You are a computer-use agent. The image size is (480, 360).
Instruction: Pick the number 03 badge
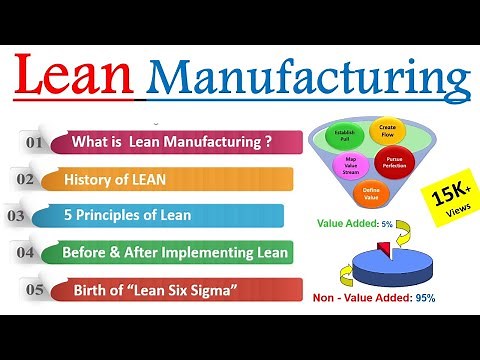[16, 215]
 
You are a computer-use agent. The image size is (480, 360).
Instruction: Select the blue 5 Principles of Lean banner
[160, 215]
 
